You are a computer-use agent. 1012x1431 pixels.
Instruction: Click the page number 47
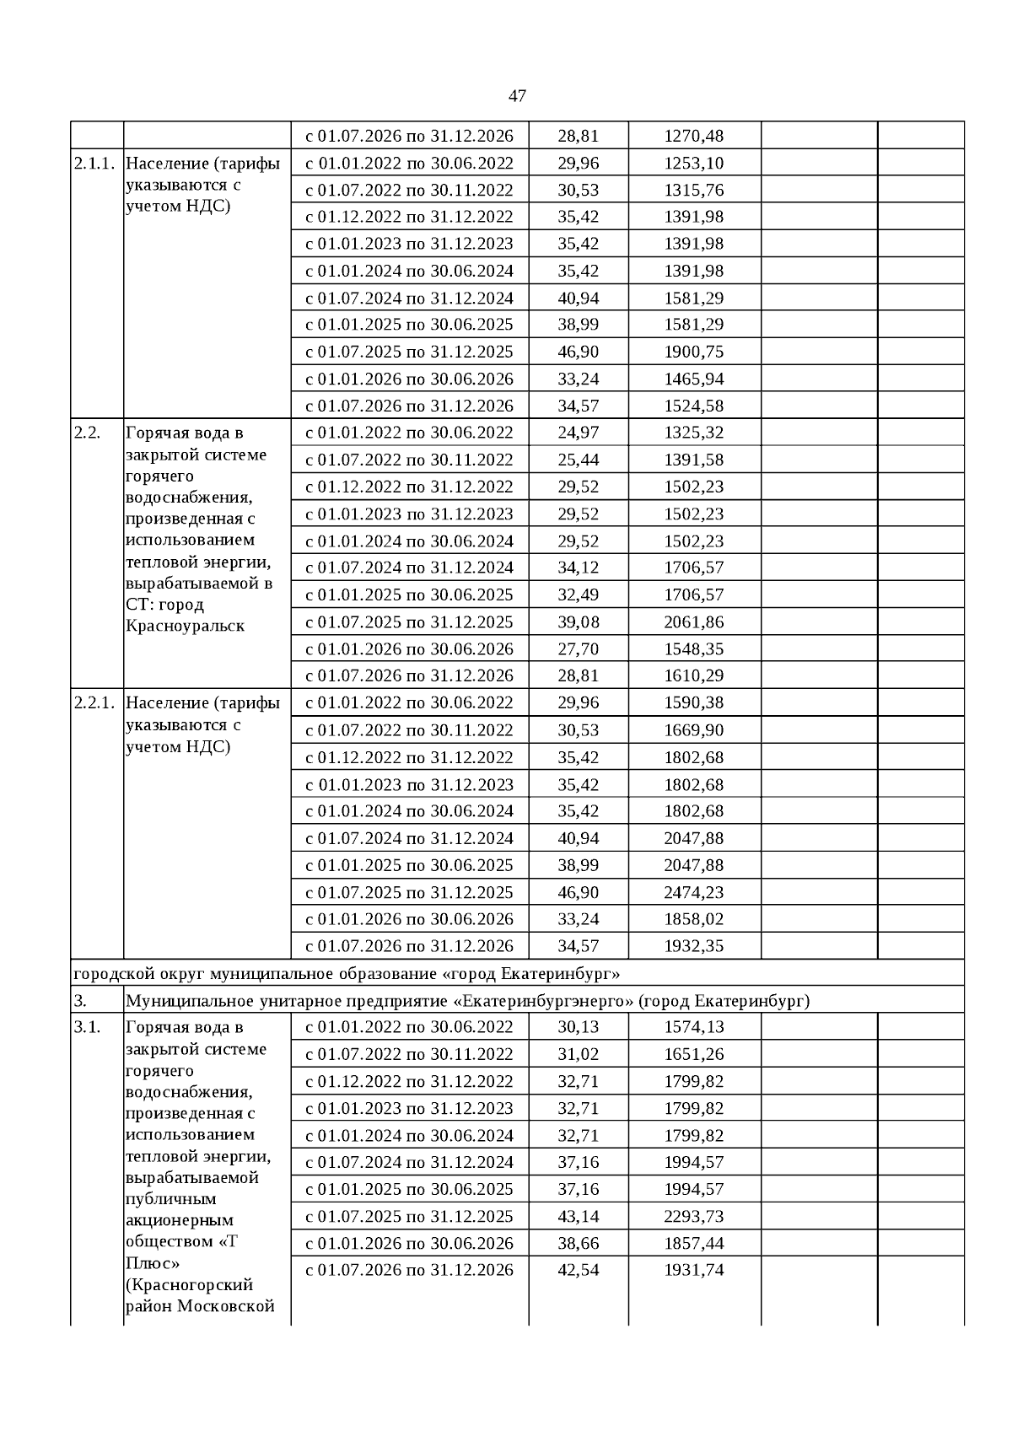[x=518, y=96]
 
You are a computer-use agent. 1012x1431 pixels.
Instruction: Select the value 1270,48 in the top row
[x=693, y=136]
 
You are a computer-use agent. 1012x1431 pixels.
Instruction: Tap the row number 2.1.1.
[x=94, y=163]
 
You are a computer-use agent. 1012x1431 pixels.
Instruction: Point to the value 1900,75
[x=693, y=352]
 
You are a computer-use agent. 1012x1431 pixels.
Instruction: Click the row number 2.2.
[x=87, y=433]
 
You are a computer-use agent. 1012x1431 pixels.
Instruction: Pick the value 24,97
[x=578, y=433]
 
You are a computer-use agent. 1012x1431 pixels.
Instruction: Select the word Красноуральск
[x=185, y=626]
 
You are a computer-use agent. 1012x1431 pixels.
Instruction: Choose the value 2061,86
[x=693, y=622]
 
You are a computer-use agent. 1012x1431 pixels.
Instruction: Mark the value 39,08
[x=578, y=622]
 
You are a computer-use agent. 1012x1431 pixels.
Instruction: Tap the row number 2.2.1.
[x=94, y=702]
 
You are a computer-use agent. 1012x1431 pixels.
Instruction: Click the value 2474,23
[x=693, y=892]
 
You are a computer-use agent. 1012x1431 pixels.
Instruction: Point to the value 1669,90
[x=693, y=730]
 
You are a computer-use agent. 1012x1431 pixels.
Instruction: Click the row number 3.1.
[x=87, y=1027]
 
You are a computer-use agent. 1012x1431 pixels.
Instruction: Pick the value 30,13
[x=578, y=1027]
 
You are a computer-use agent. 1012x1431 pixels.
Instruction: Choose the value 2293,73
[x=693, y=1216]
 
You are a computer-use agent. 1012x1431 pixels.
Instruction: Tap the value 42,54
[x=578, y=1270]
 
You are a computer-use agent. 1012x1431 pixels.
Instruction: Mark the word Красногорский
[x=190, y=1285]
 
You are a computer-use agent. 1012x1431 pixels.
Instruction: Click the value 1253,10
[x=693, y=163]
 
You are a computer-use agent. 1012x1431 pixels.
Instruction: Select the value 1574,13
[x=693, y=1027]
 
